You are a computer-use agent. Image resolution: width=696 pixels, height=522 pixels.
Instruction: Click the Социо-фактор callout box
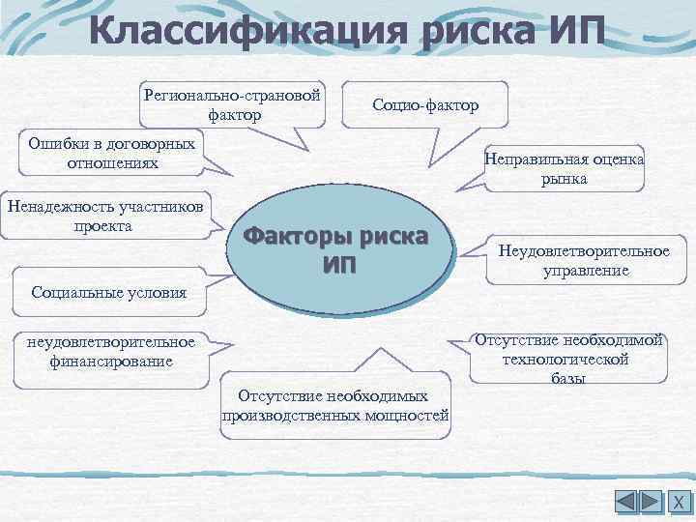coord(425,104)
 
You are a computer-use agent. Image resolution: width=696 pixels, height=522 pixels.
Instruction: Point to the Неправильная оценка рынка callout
coord(565,169)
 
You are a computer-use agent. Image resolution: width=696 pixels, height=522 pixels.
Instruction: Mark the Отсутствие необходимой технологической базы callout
coord(567,358)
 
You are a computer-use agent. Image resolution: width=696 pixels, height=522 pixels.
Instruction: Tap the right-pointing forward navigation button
coord(652,502)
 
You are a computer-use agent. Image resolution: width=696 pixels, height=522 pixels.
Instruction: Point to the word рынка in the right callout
coord(565,179)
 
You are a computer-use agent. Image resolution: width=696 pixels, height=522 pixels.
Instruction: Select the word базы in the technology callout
coord(568,378)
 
